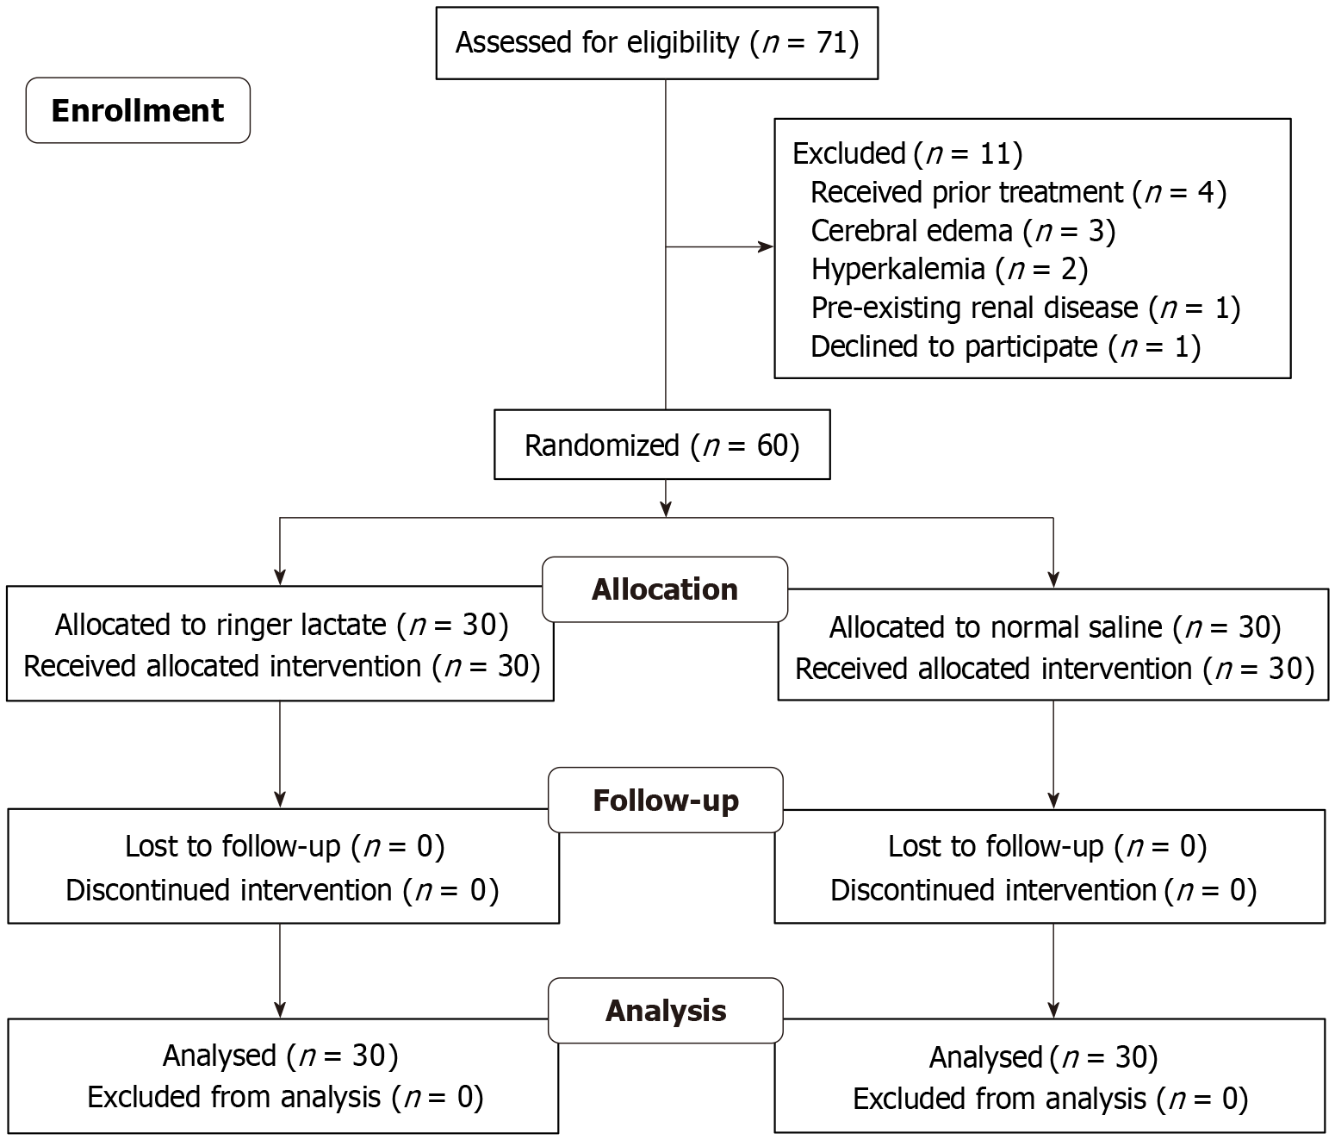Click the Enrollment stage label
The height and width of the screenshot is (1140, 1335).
coord(138,110)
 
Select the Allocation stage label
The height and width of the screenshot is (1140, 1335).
coord(665,589)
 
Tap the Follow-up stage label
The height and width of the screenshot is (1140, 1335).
coord(665,800)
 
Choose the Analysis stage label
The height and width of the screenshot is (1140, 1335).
coord(665,1011)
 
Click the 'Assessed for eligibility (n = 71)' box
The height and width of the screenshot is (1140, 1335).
coord(656,43)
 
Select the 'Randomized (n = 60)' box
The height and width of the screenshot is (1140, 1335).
coord(661,445)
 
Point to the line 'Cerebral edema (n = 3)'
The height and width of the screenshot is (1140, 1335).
coord(962,231)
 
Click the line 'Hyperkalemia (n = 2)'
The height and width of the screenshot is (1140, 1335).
coord(949,270)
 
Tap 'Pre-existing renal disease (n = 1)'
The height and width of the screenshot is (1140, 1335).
coord(1025,308)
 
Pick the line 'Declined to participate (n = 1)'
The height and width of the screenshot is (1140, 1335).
coord(1005,346)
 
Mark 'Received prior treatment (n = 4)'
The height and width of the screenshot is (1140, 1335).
coord(1018,192)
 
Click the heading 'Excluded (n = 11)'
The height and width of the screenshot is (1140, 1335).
coord(907,153)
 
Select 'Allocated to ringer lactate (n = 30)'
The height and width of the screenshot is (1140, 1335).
coord(282,625)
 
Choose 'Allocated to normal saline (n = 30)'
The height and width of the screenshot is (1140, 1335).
coord(1054,627)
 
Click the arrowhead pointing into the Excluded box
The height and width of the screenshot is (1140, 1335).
coord(766,247)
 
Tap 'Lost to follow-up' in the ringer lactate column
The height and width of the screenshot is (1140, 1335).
coord(284,847)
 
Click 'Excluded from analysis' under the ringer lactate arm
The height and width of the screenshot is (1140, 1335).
coord(284,1097)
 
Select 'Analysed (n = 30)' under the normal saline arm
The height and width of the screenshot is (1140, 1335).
coord(1043,1057)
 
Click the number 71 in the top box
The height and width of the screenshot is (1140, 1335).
coord(832,43)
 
